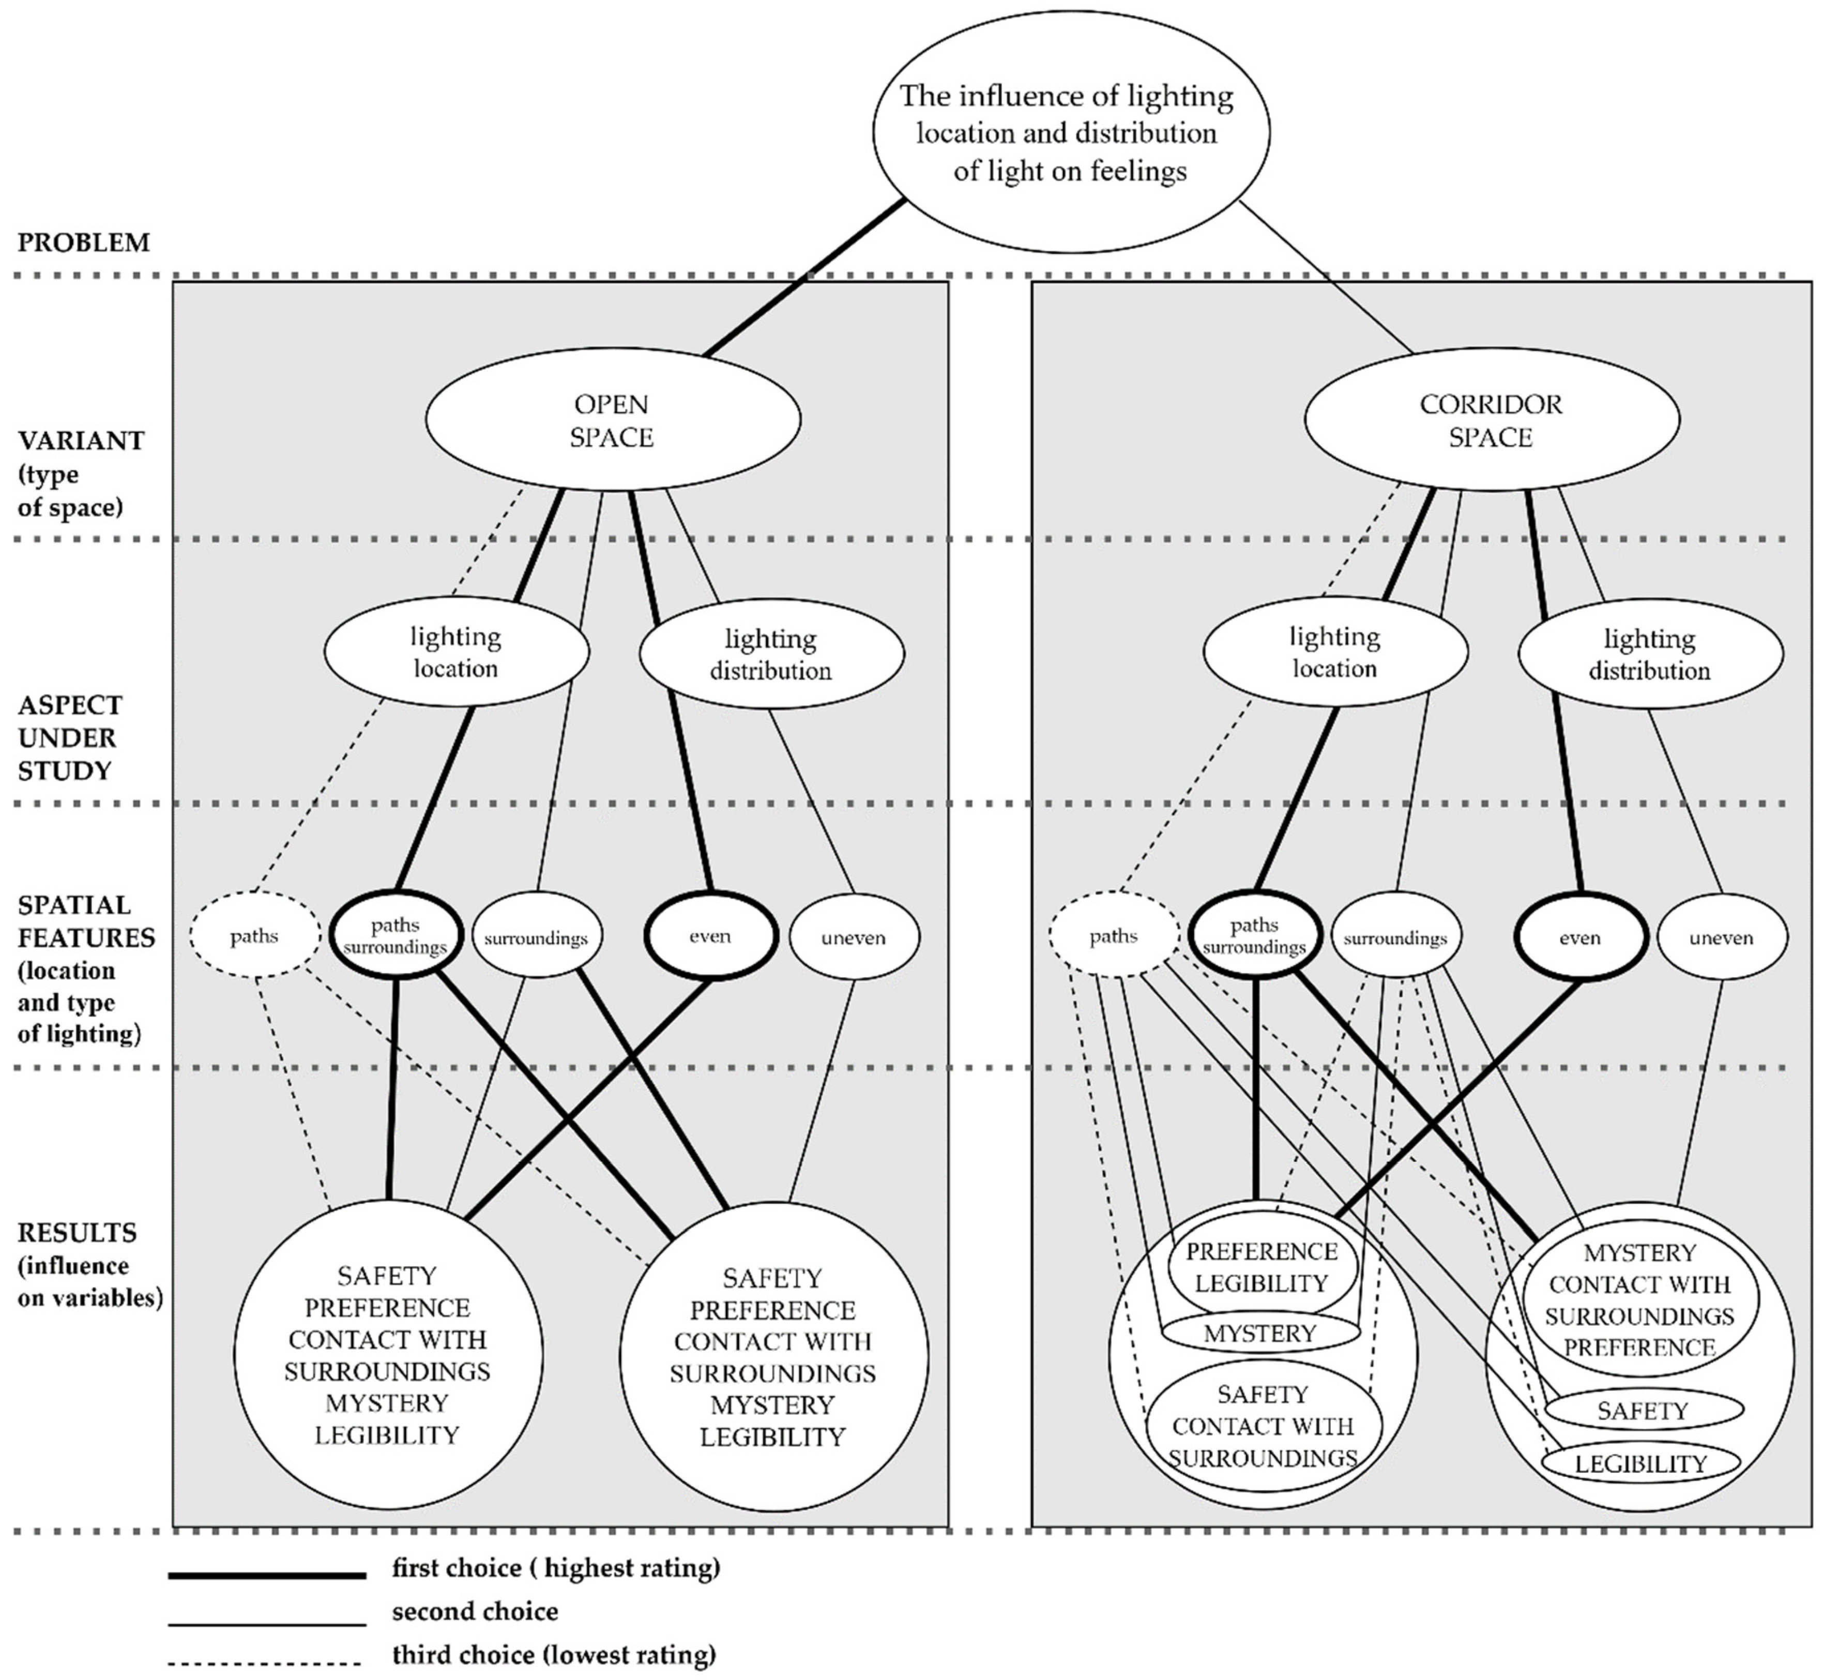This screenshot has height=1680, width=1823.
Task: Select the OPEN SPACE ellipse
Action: coord(613,420)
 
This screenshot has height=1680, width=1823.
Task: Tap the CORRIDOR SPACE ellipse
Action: coord(1491,420)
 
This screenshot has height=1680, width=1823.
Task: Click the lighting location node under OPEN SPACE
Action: coord(456,652)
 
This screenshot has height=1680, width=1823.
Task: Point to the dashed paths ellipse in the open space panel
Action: coord(254,935)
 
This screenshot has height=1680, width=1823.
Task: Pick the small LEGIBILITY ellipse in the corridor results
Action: coord(1641,1464)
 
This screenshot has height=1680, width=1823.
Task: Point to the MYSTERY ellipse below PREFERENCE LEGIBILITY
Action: coord(1260,1334)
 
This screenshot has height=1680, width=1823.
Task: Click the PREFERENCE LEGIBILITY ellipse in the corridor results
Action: coord(1262,1267)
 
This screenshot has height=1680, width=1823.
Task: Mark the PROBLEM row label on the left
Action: coord(84,243)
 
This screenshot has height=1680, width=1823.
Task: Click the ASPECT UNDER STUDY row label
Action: coord(70,737)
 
